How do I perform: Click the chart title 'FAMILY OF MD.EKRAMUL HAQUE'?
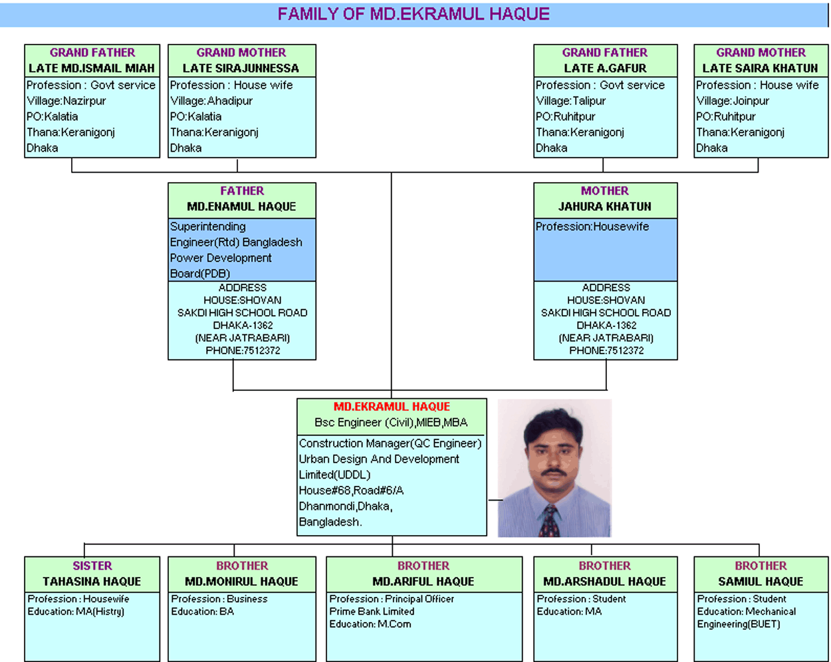coord(414,14)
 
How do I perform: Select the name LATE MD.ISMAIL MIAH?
coord(92,68)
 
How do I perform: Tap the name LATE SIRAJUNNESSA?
coord(241,68)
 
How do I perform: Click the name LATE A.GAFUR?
coord(605,68)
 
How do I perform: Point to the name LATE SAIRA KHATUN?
coord(760,68)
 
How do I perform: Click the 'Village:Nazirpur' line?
coord(66,101)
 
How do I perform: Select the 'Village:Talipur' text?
coord(571,101)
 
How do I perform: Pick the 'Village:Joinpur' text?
coord(733,101)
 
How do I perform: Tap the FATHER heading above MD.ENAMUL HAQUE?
coord(242,191)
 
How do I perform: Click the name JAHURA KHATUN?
coord(605,207)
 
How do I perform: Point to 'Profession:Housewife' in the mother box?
coord(592,227)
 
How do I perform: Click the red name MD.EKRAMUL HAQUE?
coord(392,407)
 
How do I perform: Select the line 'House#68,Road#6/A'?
coord(351,491)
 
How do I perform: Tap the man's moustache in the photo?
coord(553,473)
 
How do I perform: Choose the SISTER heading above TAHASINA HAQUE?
coord(92,566)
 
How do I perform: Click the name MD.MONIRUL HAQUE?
coord(241,582)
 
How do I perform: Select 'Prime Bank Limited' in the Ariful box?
coord(372,611)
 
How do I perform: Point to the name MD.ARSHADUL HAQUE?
coord(605,582)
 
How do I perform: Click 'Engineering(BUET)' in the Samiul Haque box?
coord(739,625)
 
